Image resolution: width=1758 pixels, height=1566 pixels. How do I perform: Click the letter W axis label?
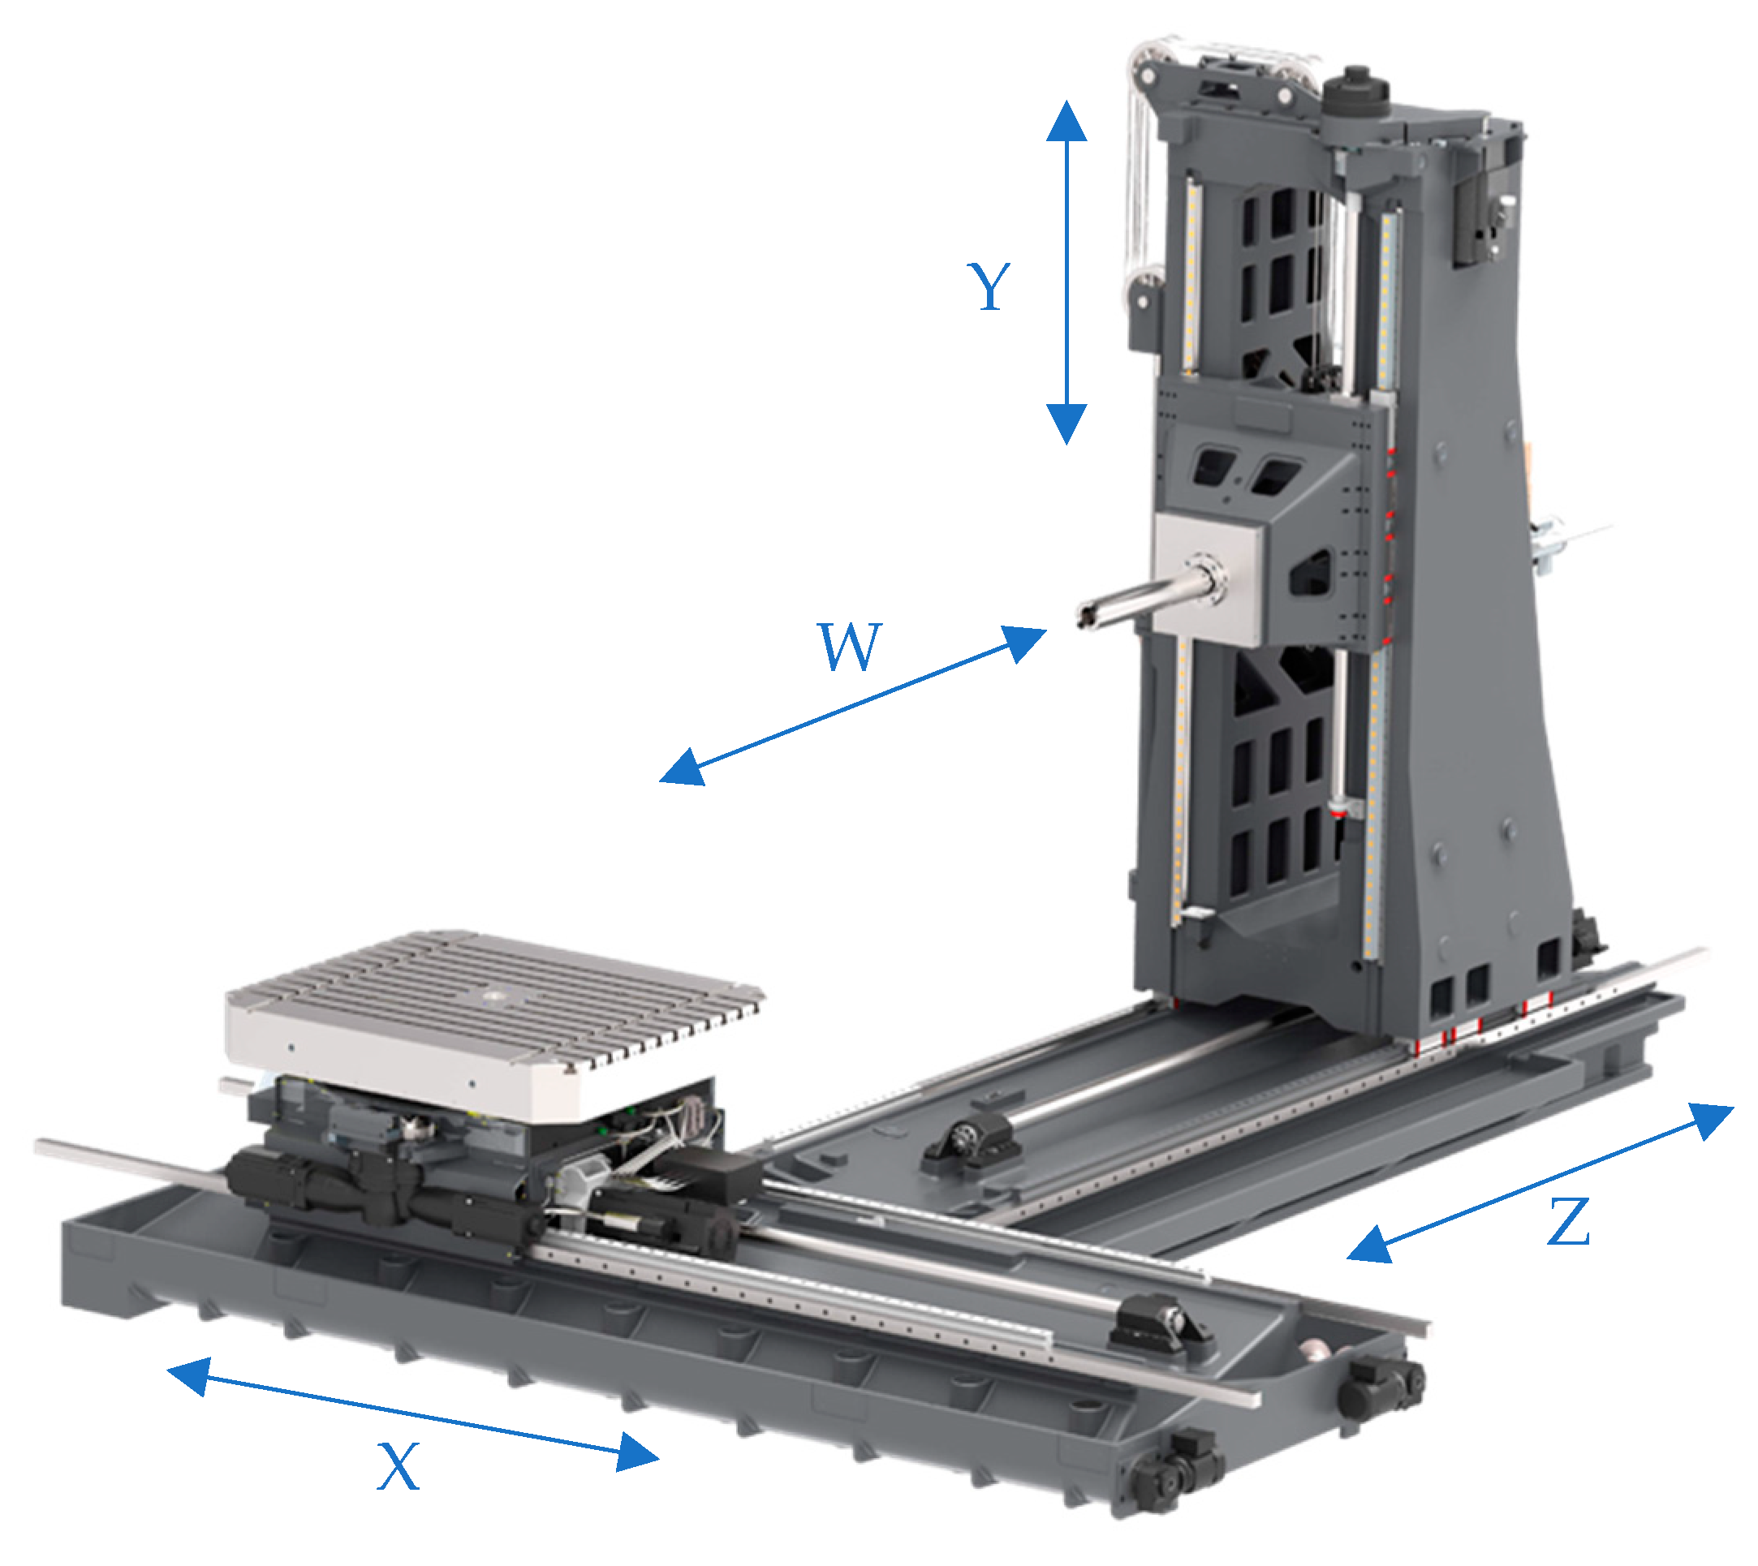[x=849, y=646]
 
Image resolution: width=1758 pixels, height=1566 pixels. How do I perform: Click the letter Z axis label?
[x=1568, y=1222]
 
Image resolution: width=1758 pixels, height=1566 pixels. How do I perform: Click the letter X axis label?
[x=399, y=1468]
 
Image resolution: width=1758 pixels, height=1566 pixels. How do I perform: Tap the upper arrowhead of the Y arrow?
[x=1066, y=120]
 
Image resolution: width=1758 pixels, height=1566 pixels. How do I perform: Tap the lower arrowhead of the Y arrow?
[x=1066, y=424]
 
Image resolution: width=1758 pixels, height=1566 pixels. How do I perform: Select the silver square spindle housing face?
[x=1204, y=576]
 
